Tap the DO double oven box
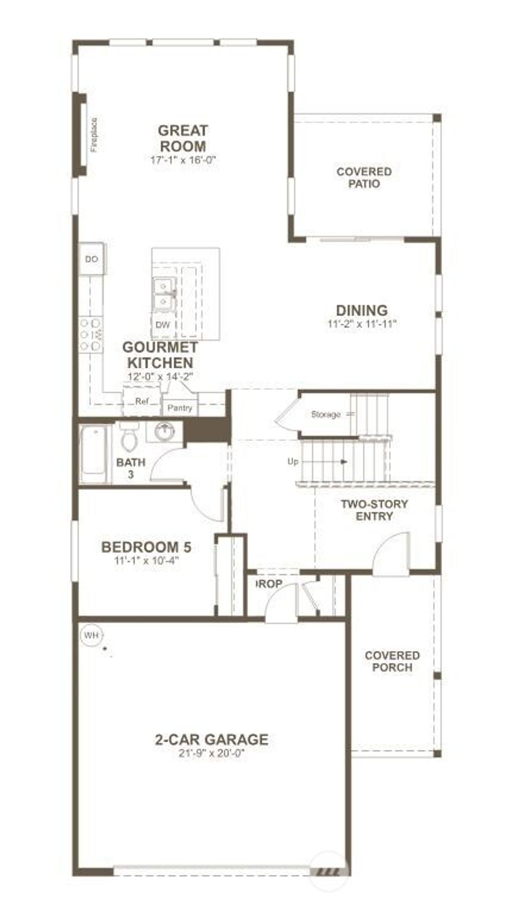[91, 259]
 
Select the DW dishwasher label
[162, 325]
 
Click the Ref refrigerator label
[142, 401]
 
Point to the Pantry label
[180, 407]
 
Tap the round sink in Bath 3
[164, 431]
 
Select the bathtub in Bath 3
[94, 455]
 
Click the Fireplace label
[94, 135]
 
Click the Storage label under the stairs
[325, 414]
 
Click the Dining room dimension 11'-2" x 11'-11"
[362, 324]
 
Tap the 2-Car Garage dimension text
[211, 753]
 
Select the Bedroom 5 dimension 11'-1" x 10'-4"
[146, 560]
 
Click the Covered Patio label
[364, 178]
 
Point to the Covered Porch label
[392, 661]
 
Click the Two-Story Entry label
[374, 510]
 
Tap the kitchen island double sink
[164, 294]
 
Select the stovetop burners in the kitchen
[90, 334]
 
